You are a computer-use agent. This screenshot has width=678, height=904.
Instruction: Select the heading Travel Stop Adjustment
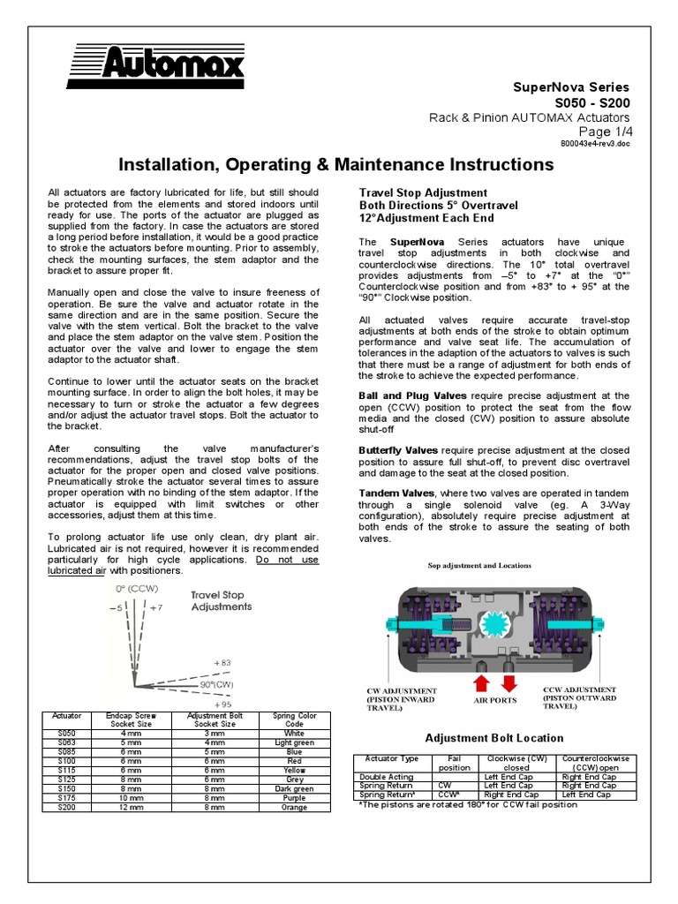click(422, 192)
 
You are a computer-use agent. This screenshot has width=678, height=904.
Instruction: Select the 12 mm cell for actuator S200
click(131, 807)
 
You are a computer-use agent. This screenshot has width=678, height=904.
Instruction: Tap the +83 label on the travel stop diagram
click(222, 661)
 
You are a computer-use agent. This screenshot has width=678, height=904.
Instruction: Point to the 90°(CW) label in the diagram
click(218, 683)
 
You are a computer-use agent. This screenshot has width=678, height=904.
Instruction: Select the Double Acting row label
click(380, 777)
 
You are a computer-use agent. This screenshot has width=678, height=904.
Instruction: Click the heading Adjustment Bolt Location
click(494, 738)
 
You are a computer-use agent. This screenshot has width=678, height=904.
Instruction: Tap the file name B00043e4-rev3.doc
click(596, 143)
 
